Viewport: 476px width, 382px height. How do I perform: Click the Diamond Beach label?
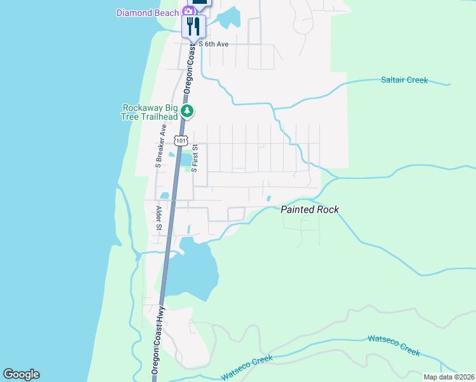point(148,13)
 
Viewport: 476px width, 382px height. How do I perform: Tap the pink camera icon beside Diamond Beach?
point(188,11)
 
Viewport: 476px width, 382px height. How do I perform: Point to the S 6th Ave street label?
point(213,44)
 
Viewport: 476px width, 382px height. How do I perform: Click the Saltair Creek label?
point(404,80)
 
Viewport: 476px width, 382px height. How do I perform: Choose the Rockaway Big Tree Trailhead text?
point(150,111)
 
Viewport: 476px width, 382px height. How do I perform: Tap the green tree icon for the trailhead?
point(187,111)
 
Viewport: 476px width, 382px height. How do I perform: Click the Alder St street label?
point(158,218)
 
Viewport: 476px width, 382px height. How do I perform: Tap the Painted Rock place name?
point(310,209)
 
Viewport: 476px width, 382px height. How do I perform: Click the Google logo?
point(21,374)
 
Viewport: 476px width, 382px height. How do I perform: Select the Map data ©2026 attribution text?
point(449,377)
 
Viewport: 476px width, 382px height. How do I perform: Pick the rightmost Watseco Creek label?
point(393,344)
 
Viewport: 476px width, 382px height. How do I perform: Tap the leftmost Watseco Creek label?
point(247,367)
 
